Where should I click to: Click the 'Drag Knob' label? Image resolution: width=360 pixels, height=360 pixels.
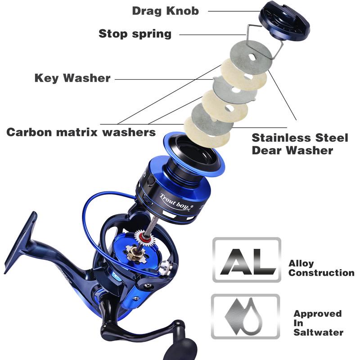[x=165, y=11]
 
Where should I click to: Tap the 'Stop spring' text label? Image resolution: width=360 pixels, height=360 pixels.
[x=135, y=34]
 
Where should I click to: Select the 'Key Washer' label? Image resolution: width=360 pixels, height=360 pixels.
[x=72, y=78]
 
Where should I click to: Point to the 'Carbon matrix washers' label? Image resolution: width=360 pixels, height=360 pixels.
[x=81, y=132]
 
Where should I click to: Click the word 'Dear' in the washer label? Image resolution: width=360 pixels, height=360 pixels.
[x=267, y=150]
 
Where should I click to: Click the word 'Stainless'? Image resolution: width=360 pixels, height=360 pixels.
[x=282, y=138]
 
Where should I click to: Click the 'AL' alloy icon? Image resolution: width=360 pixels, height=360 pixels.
[x=247, y=260]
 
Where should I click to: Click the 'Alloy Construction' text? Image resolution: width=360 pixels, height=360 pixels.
[x=321, y=268]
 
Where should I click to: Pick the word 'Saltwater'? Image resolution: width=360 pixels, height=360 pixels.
[x=318, y=332]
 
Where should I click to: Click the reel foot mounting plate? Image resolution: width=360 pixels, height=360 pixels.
[x=21, y=242]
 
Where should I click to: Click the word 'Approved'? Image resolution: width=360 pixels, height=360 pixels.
[x=318, y=314]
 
